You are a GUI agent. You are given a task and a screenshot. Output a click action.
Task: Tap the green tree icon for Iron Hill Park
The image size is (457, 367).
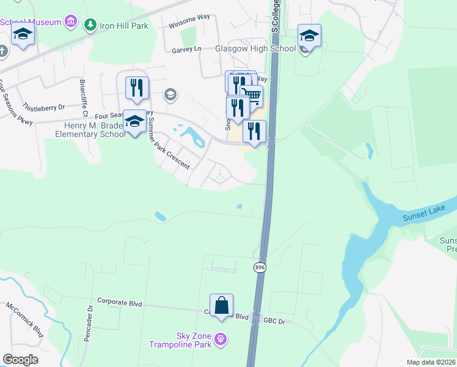[90, 24]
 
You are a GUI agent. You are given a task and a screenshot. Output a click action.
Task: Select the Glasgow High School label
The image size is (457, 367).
[255, 48]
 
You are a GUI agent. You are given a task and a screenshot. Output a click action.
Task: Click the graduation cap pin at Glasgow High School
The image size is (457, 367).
[309, 36]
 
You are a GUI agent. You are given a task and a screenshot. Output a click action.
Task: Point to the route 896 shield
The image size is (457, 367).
[259, 267]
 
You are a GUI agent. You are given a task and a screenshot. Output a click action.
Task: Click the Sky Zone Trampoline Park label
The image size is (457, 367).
[181, 340]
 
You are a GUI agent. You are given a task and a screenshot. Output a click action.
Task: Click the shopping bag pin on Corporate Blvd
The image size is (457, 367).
[221, 305]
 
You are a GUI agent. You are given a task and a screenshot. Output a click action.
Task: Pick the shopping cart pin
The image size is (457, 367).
[251, 96]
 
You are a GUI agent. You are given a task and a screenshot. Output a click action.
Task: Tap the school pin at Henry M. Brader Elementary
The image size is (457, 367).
[134, 121]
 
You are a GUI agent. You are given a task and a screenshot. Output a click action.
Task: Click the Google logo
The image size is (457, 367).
[20, 360]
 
